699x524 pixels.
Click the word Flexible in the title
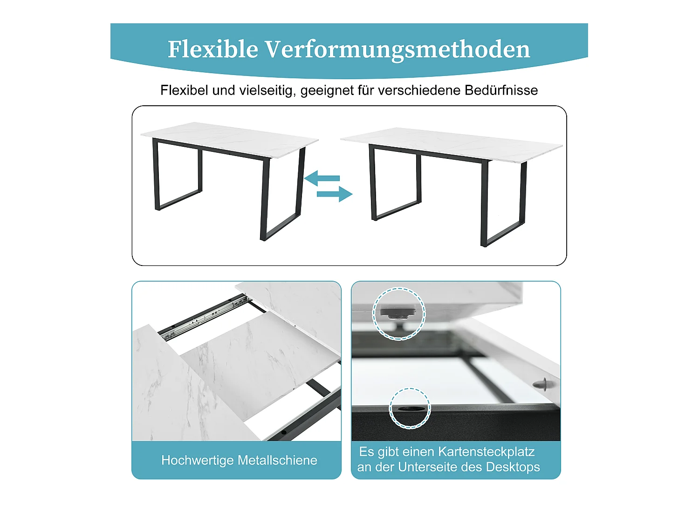(x=212, y=49)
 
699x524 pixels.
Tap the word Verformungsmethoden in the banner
(x=397, y=49)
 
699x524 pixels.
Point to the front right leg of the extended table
(x=485, y=205)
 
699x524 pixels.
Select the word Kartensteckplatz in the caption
(x=486, y=452)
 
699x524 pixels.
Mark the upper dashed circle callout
(x=399, y=313)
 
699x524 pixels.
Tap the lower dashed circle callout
(x=410, y=408)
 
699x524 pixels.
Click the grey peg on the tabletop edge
(x=541, y=384)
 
